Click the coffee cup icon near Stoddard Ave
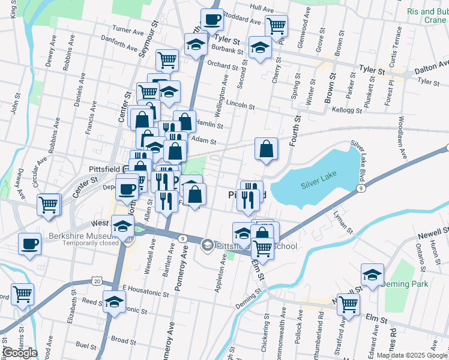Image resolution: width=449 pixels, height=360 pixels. click(212, 20)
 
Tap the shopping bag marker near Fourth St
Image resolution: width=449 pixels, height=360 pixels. click(266, 150)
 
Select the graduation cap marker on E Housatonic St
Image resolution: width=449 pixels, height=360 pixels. click(115, 302)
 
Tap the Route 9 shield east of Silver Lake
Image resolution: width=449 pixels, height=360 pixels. click(360, 188)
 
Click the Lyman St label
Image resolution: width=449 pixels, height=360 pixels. click(343, 222)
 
